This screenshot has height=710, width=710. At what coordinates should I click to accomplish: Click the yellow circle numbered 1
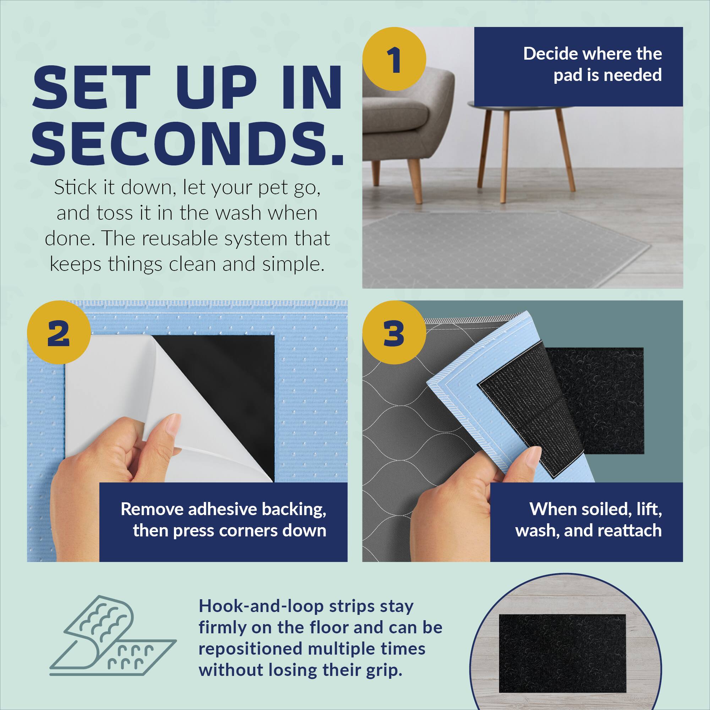394,59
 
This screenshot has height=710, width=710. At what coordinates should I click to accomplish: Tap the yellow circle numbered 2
59,332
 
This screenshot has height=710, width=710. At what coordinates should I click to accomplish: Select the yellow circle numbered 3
394,333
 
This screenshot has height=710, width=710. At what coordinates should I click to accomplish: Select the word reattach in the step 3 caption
629,531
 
